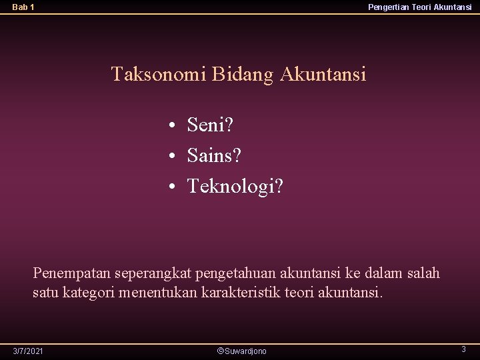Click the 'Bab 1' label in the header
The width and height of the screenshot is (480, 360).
click(x=23, y=7)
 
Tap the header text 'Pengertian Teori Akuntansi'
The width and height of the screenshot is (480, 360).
click(x=419, y=7)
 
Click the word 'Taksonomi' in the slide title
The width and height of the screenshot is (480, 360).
click(x=159, y=74)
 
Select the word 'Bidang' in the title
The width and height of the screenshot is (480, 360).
click(x=243, y=74)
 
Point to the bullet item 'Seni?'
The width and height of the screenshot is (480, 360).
click(x=211, y=125)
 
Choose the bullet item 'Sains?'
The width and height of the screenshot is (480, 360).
click(x=214, y=156)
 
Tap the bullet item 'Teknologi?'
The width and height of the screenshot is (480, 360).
click(x=235, y=187)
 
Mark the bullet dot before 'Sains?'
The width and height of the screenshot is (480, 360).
click(x=172, y=157)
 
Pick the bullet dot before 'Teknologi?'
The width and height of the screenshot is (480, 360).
click(x=172, y=187)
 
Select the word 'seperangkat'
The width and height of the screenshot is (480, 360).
click(x=153, y=273)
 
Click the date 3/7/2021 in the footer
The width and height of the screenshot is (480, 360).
click(x=28, y=351)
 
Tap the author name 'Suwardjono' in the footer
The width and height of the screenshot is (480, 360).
click(x=246, y=351)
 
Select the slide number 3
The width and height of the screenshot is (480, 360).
click(x=463, y=349)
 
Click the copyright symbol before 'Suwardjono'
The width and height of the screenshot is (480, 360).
click(x=221, y=351)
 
